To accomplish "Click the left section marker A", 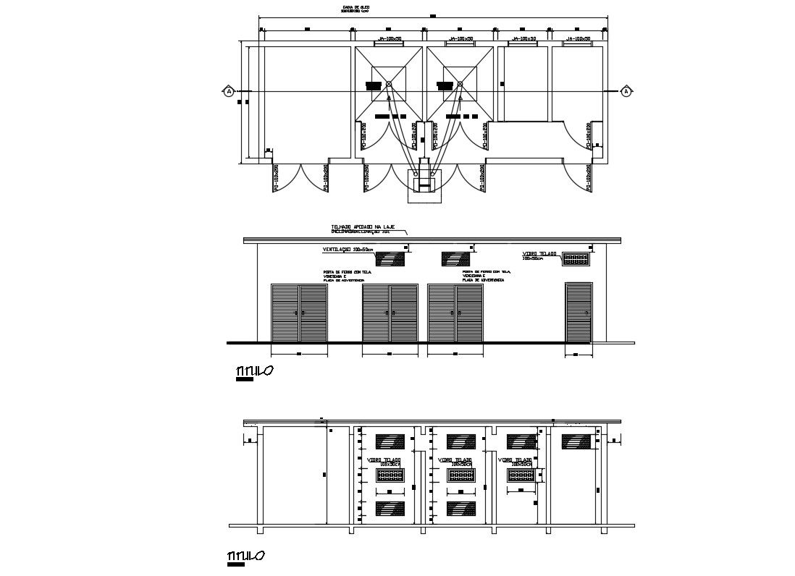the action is tap(229, 91).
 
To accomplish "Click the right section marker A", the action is tap(626, 91).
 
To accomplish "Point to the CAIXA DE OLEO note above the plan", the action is tap(353, 9).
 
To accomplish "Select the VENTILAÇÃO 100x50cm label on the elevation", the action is tap(348, 250).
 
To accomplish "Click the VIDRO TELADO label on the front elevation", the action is tap(539, 255).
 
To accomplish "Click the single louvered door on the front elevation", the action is tap(579, 312).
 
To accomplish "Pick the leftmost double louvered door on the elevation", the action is tap(299, 312).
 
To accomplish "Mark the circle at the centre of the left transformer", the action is tap(389, 85).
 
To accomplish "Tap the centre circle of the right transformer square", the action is tap(460, 85).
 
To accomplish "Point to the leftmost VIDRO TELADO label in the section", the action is tap(384, 461).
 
